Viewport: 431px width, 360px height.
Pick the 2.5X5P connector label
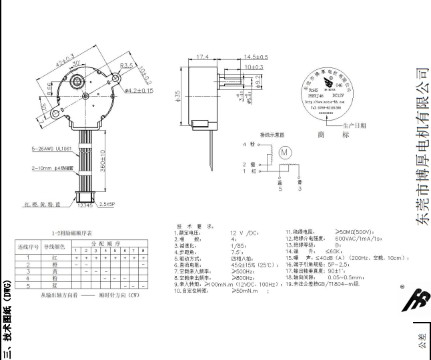click(105, 205)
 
